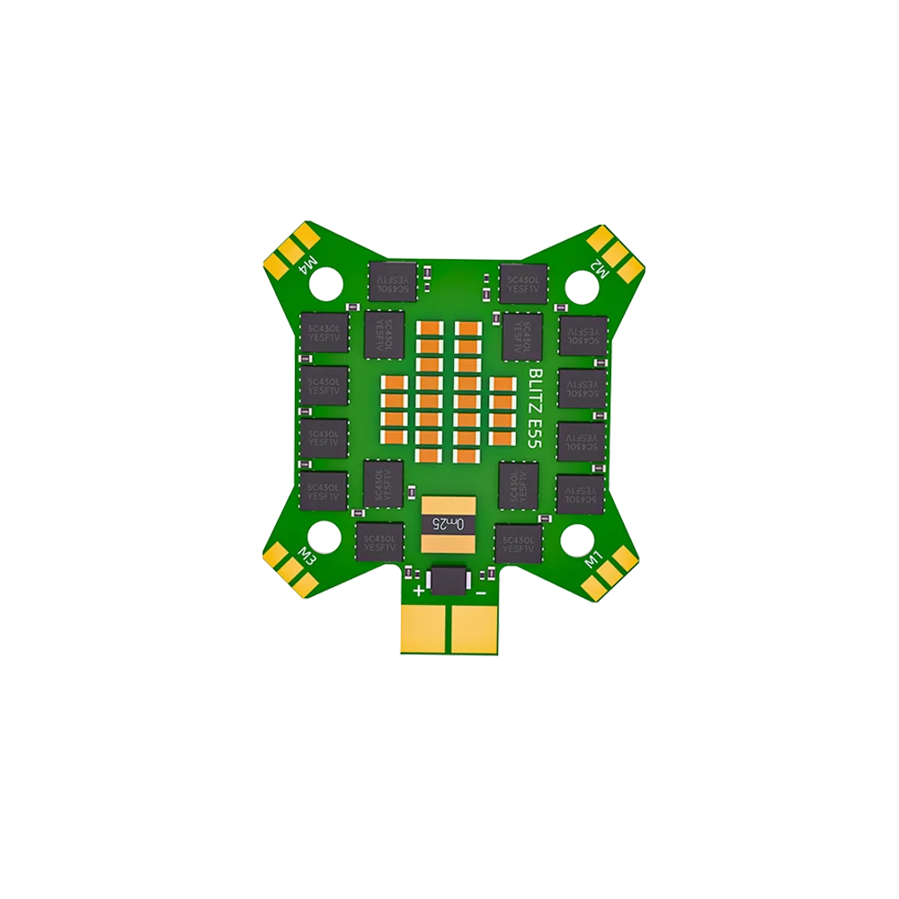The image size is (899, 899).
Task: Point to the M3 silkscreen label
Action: (x=307, y=557)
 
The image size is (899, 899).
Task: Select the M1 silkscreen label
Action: (x=595, y=559)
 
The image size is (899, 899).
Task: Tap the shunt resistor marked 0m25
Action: (x=447, y=523)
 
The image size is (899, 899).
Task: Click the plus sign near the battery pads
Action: (x=418, y=592)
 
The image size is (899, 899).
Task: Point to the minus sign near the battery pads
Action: (x=481, y=592)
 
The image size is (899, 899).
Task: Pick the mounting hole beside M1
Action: (x=577, y=539)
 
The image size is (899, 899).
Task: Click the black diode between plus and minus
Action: (x=449, y=580)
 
